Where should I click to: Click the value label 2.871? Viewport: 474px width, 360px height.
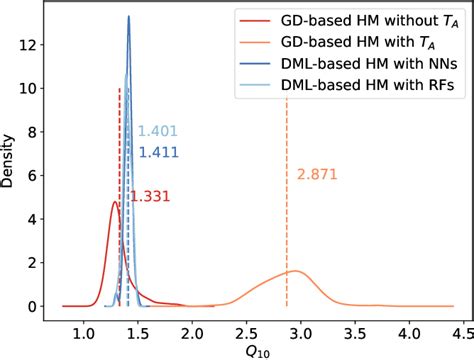tap(318, 175)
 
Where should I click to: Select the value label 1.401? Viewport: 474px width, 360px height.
tap(158, 131)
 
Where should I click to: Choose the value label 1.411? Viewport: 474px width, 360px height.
tap(158, 152)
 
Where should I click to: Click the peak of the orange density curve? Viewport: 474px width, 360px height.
tap(295, 271)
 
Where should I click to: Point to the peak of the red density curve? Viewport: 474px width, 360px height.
tap(115, 202)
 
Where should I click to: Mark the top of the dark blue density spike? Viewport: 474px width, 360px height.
tap(129, 16)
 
